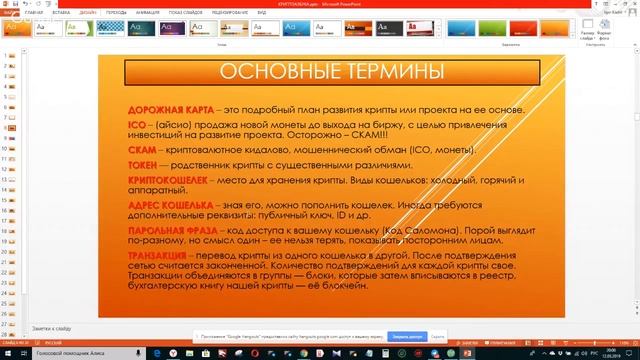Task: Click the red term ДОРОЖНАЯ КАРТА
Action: click(163, 107)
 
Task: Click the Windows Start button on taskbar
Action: click(7, 353)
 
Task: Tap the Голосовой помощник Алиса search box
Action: click(70, 353)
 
